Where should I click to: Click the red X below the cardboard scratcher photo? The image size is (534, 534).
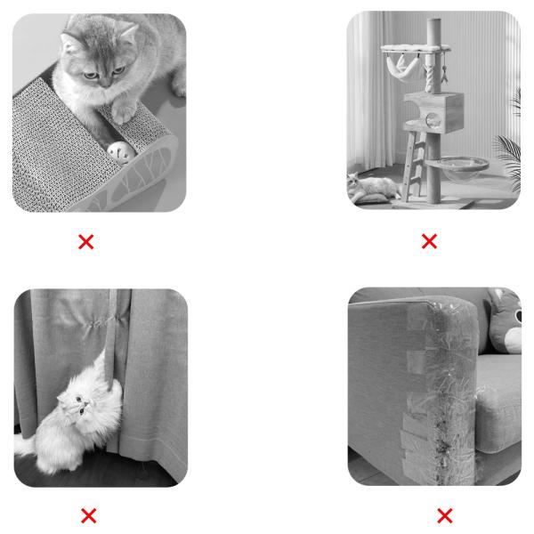click(86, 241)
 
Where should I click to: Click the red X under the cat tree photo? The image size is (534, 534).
click(429, 241)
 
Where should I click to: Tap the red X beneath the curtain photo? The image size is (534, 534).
click(88, 515)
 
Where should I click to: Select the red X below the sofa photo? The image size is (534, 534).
click(444, 515)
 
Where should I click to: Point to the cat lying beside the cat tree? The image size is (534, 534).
click(374, 188)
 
